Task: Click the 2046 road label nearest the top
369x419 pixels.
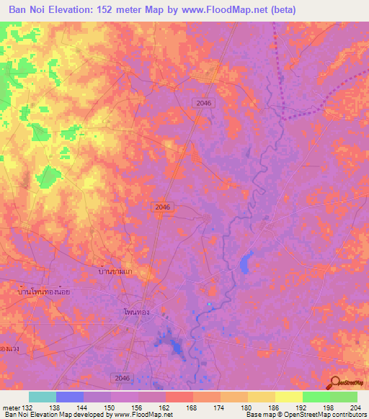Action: pos(203,104)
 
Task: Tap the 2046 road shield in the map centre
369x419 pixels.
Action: pos(163,207)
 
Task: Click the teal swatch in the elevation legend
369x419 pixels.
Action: pos(43,397)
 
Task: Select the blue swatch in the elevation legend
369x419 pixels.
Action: pos(70,397)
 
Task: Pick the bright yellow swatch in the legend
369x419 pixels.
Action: pos(288,397)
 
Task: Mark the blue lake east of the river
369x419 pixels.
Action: pos(246,262)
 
